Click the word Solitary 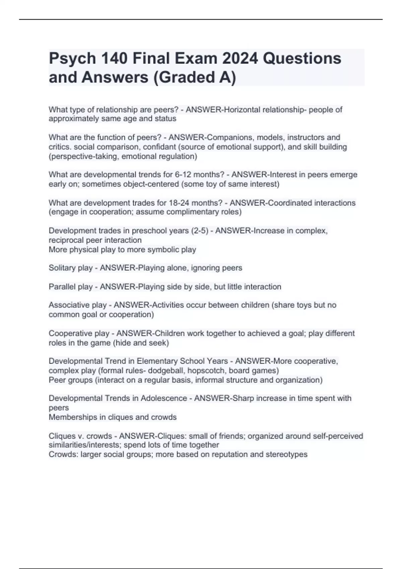click(x=62, y=268)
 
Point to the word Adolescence click(x=164, y=398)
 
